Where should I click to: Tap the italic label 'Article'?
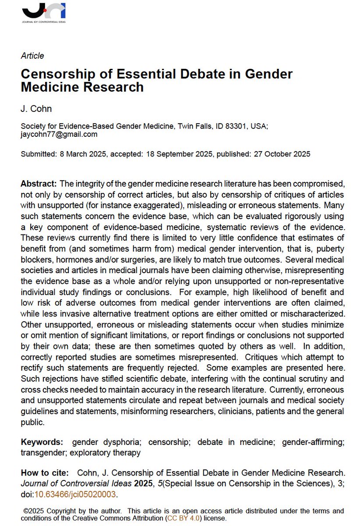point(32,56)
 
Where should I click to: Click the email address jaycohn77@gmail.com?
point(59,134)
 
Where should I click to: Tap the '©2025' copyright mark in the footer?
point(33,511)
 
